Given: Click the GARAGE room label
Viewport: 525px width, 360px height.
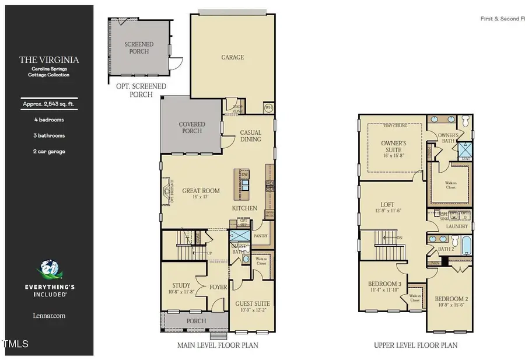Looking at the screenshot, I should [x=232, y=57].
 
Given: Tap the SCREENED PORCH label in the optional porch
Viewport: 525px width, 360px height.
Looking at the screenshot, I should [x=139, y=48].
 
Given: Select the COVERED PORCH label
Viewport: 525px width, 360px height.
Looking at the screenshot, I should [x=192, y=127].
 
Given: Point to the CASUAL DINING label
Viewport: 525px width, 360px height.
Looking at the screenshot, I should [x=251, y=136].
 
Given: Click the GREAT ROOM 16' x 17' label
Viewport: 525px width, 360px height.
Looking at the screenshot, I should [x=201, y=194].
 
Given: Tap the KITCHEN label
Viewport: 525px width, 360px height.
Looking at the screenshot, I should [x=245, y=208].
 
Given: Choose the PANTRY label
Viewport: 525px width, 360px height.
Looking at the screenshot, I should [x=260, y=236].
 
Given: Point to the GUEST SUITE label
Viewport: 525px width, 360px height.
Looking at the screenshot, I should [x=252, y=307].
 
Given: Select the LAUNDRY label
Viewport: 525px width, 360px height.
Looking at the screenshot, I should [x=457, y=226].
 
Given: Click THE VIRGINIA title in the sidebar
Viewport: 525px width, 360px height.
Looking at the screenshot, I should [x=49, y=60].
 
